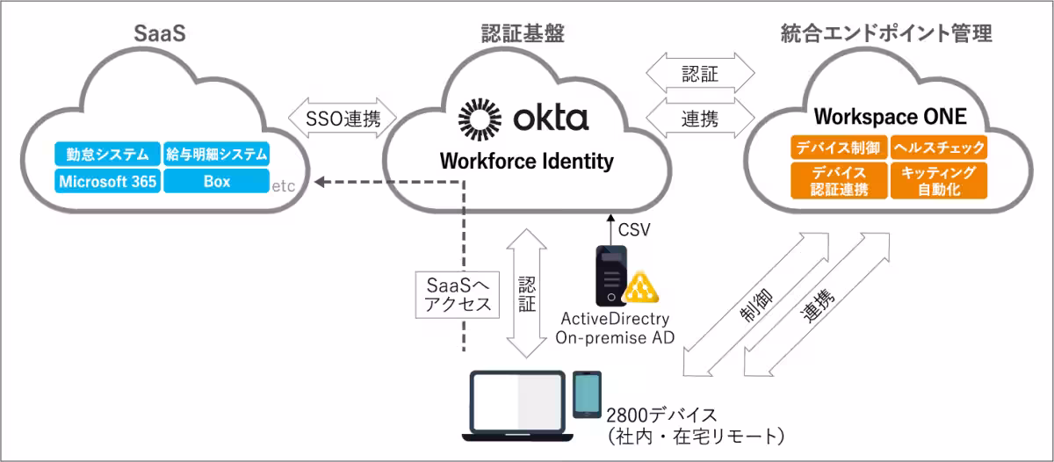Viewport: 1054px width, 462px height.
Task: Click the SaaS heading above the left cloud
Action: click(160, 34)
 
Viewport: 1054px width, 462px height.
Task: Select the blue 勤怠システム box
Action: click(107, 155)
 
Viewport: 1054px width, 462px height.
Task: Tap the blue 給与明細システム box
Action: click(216, 155)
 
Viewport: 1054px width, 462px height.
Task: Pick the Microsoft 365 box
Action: click(107, 181)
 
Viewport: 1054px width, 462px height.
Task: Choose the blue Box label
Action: click(216, 181)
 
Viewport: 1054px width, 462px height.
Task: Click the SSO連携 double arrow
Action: click(343, 118)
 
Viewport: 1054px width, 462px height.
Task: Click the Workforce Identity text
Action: click(526, 162)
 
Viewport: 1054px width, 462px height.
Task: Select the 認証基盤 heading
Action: click(523, 34)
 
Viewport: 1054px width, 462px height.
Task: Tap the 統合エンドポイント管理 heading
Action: click(886, 34)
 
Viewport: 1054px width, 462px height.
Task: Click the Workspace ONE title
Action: click(890, 117)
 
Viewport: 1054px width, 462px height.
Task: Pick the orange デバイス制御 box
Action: click(840, 147)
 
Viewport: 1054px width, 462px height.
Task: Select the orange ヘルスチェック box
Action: click(939, 147)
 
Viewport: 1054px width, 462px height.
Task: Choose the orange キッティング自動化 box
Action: click(939, 180)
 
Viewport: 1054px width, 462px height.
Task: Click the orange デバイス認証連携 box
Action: click(840, 180)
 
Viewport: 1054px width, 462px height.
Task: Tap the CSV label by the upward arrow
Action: click(635, 231)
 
